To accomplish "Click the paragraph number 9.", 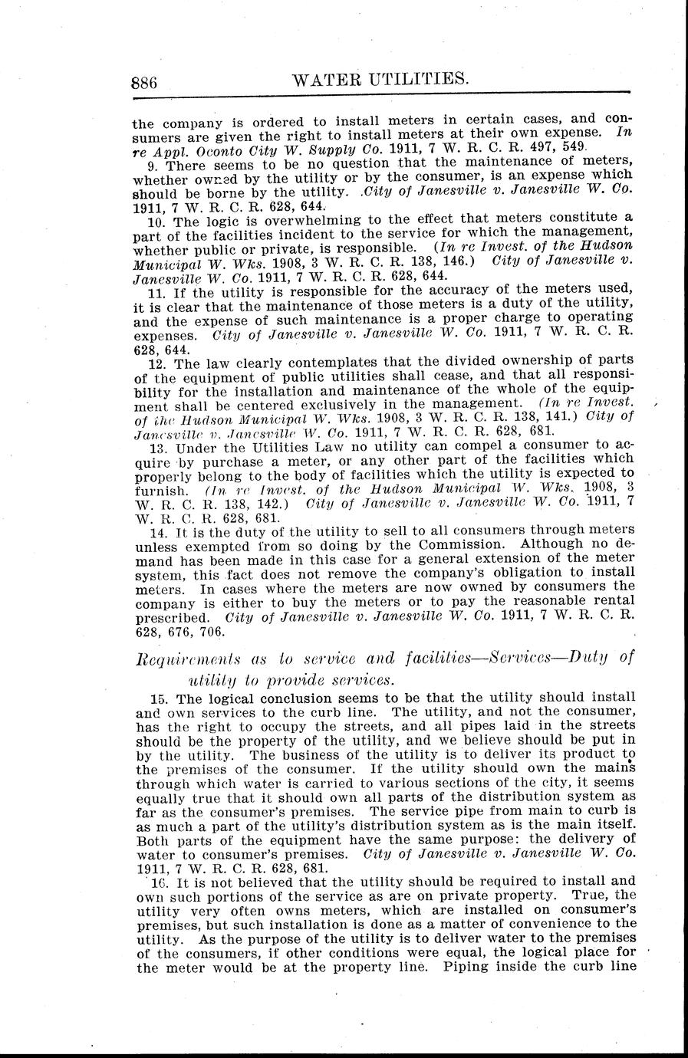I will [x=151, y=165].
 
